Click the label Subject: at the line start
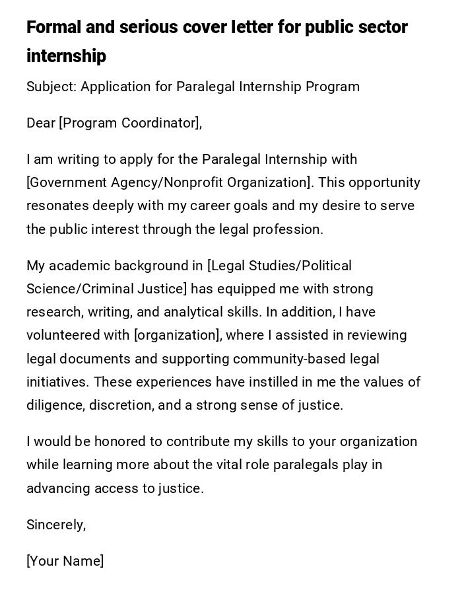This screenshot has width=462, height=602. pyautogui.click(x=51, y=87)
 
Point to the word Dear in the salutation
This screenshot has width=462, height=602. pyautogui.click(x=41, y=124)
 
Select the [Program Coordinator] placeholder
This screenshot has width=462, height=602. pyautogui.click(x=130, y=124)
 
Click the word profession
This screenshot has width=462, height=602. pyautogui.click(x=290, y=230)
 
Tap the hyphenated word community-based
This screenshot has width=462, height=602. pyautogui.click(x=286, y=359)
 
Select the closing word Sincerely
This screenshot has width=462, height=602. pyautogui.click(x=55, y=525)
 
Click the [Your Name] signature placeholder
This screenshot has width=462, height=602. pyautogui.click(x=65, y=562)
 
